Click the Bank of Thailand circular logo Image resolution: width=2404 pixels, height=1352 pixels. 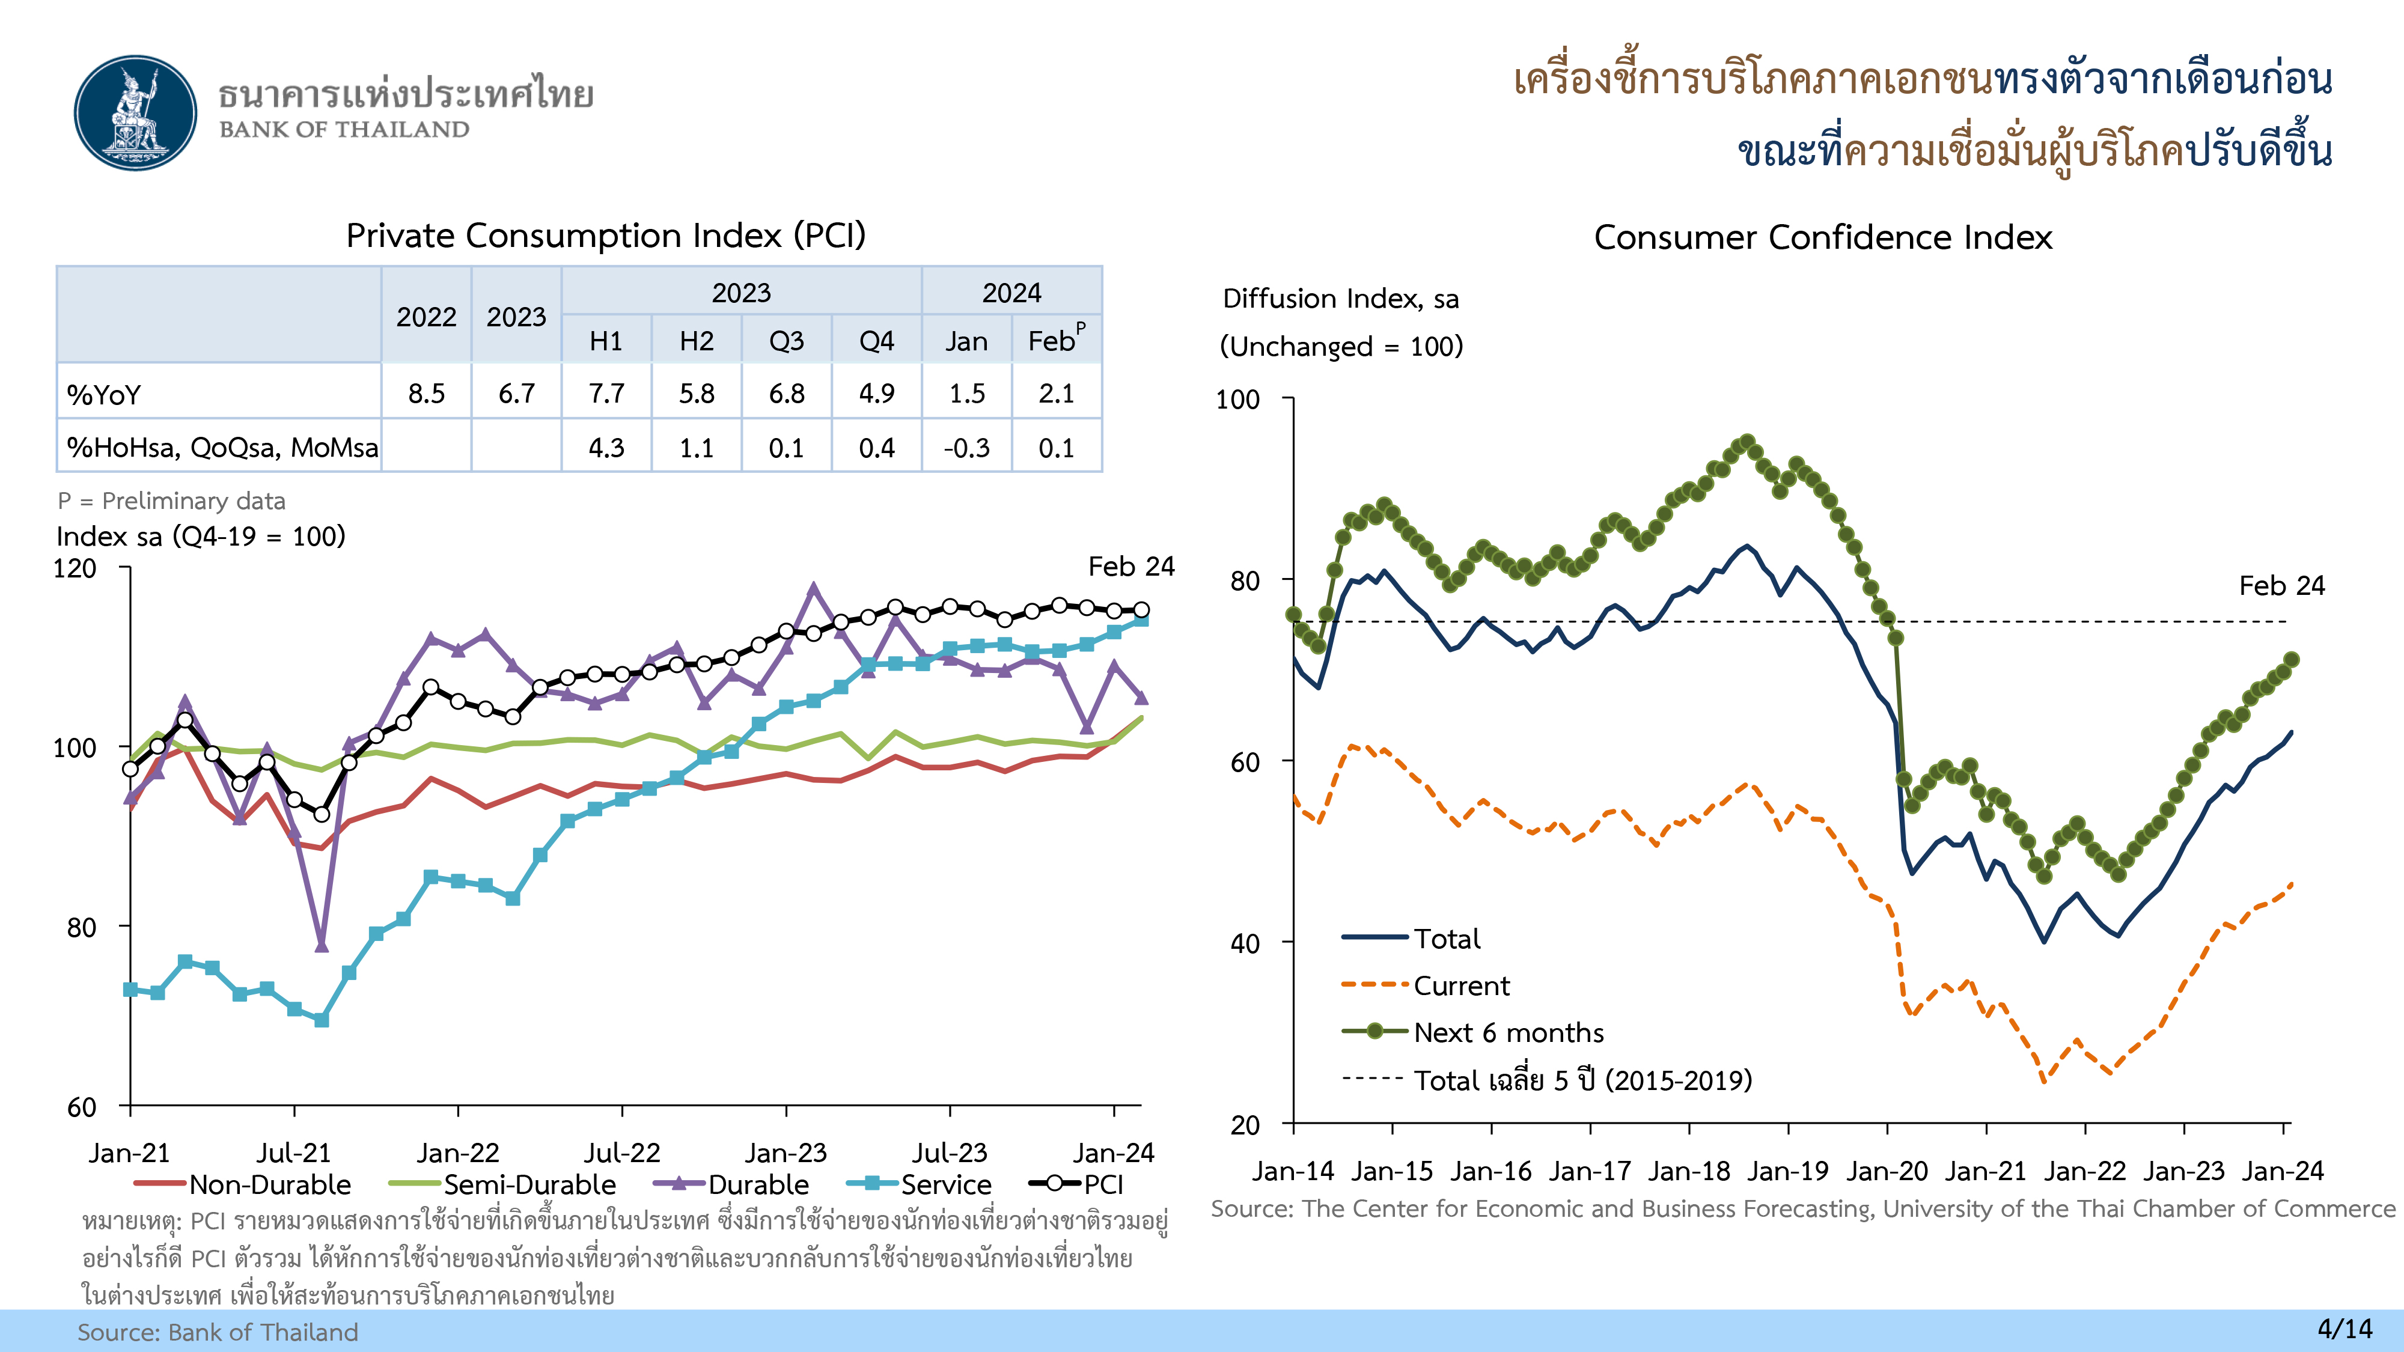(136, 113)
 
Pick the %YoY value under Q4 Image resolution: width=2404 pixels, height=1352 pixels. (876, 393)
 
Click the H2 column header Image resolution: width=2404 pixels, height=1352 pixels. (696, 341)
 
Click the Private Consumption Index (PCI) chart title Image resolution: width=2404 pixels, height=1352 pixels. (606, 235)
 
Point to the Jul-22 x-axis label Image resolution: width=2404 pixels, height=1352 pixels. (621, 1153)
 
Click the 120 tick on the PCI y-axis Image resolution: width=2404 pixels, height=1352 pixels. (75, 568)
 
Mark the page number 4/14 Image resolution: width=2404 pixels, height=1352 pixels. (2345, 1329)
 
